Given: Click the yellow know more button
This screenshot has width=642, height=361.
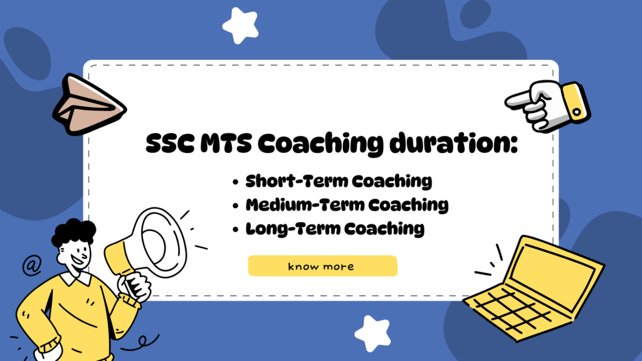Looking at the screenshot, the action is click(x=323, y=266).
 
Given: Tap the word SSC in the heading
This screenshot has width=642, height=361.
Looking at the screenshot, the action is click(x=170, y=144).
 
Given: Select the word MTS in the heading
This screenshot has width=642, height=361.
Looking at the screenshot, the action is click(x=226, y=144).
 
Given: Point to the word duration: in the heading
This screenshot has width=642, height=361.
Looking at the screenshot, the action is click(x=453, y=144).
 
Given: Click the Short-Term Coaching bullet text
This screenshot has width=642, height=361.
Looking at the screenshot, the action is click(x=339, y=181).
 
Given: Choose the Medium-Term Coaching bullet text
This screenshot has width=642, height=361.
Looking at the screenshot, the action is click(x=347, y=205).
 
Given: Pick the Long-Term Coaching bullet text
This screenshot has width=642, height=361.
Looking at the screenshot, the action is click(x=335, y=229).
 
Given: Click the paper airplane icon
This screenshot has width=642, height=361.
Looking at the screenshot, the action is click(x=89, y=105).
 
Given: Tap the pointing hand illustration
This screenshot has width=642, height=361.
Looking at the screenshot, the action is click(x=548, y=105).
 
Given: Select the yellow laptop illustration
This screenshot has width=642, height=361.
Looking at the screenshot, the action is click(x=534, y=288).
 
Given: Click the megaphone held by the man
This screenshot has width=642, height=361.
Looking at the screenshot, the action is click(x=147, y=249).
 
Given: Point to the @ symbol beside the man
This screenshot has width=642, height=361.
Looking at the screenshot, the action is click(x=32, y=265).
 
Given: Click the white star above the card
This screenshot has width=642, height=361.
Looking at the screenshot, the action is click(x=241, y=25).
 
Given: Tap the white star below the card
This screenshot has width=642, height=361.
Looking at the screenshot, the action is click(x=373, y=333).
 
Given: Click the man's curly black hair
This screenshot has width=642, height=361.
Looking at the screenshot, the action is click(x=74, y=232).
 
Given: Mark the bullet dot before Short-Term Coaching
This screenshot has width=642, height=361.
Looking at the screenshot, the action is click(x=235, y=182).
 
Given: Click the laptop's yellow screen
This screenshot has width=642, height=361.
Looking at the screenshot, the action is click(x=553, y=273).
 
